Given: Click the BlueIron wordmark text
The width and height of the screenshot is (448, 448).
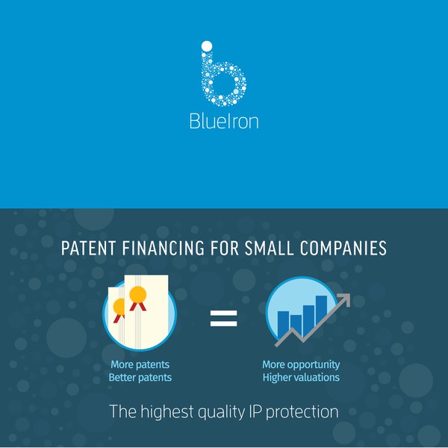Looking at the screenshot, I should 224,121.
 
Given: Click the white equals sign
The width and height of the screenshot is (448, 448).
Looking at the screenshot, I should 223,319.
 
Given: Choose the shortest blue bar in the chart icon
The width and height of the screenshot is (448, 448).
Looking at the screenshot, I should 296,324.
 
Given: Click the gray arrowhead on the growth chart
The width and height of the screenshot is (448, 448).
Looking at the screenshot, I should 343,299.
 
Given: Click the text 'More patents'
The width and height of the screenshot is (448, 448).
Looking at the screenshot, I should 140,364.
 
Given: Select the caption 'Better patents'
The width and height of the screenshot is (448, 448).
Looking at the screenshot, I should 140,377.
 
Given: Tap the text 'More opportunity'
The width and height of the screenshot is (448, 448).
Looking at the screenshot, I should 301,364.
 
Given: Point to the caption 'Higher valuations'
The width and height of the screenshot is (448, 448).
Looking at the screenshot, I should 301,377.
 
